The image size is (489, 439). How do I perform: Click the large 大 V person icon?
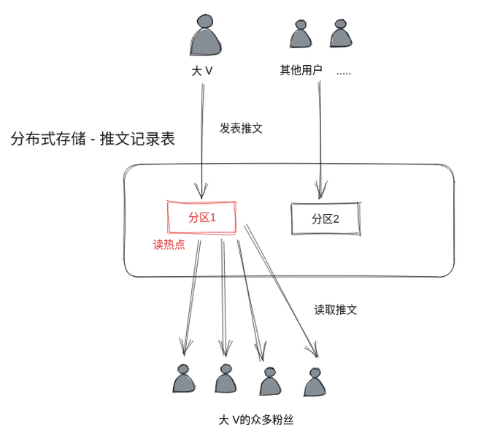pyautogui.click(x=205, y=35)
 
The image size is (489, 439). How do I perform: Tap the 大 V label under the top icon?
pyautogui.click(x=202, y=71)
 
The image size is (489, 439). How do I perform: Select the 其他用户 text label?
pyautogui.click(x=301, y=70)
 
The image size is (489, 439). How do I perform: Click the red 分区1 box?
pyautogui.click(x=201, y=217)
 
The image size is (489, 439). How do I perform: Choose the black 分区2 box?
pyautogui.click(x=326, y=218)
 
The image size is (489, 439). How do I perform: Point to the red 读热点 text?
pyautogui.click(x=169, y=244)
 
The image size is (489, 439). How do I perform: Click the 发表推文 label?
pyautogui.click(x=241, y=129)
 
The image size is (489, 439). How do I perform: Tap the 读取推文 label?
pyautogui.click(x=336, y=310)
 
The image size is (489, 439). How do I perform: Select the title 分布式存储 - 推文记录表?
pyautogui.click(x=93, y=139)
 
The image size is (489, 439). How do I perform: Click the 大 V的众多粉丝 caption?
pyautogui.click(x=256, y=420)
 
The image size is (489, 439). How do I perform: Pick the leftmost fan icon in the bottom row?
pyautogui.click(x=184, y=378)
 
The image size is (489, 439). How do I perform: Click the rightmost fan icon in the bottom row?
pyautogui.click(x=315, y=382)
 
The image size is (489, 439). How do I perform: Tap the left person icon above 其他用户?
pyautogui.click(x=301, y=34)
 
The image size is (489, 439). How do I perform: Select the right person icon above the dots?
pyautogui.click(x=341, y=33)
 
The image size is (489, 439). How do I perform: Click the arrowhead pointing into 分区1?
pyautogui.click(x=201, y=191)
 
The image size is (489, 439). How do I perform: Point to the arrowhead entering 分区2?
pyautogui.click(x=320, y=189)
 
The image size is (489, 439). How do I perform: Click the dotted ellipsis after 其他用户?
pyautogui.click(x=344, y=74)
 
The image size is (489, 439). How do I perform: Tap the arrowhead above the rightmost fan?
pyautogui.click(x=313, y=350)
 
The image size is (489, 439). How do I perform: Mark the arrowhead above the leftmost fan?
pyautogui.click(x=185, y=347)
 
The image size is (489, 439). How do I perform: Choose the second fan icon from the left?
pyautogui.click(x=226, y=378)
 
